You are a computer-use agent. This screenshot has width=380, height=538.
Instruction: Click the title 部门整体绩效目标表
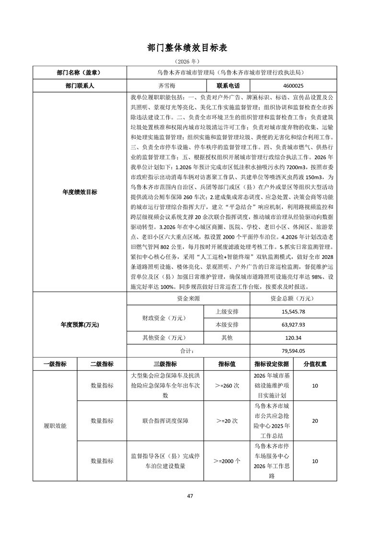coord(190,48)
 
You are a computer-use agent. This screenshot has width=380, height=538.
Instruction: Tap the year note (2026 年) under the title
coord(190,62)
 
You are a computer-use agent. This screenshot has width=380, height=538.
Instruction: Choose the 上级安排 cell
coord(227,312)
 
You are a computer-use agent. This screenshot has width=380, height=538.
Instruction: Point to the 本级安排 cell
coord(227,325)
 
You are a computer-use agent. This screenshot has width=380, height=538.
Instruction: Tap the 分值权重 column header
coord(315,363)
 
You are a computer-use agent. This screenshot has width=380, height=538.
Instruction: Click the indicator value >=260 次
coord(227,386)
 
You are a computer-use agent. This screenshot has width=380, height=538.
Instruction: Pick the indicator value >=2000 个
coord(227,461)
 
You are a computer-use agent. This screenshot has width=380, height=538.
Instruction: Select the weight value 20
coord(315,421)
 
